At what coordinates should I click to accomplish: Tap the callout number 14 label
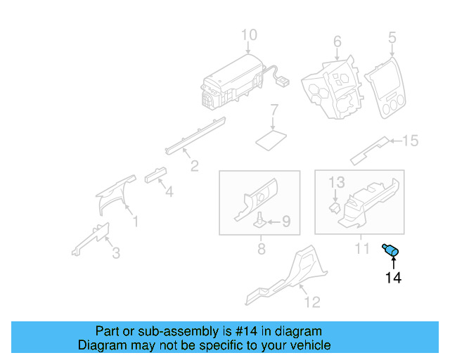[393, 278]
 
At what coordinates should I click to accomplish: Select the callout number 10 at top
[250, 35]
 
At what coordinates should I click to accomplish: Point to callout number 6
[337, 41]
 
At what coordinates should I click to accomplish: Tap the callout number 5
[392, 36]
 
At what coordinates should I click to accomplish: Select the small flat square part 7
[271, 137]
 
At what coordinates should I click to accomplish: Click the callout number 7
[275, 110]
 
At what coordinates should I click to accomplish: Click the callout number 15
[410, 141]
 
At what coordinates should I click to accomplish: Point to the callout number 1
[136, 222]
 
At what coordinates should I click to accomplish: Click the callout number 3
[116, 252]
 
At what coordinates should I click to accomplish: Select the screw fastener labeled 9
[260, 221]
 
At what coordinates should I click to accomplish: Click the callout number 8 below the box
[261, 249]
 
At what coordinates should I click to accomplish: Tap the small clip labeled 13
[335, 207]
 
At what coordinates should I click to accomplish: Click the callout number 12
[312, 302]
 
